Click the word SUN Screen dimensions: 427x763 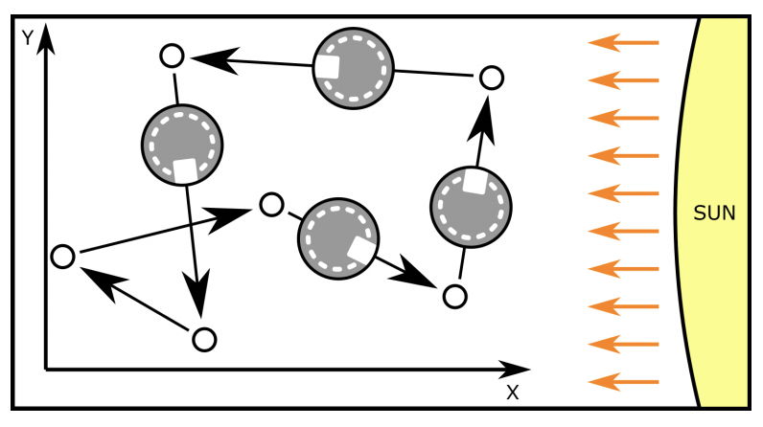(713, 213)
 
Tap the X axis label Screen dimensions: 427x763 (512, 392)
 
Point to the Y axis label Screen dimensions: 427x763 (28, 38)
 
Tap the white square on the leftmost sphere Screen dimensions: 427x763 (185, 169)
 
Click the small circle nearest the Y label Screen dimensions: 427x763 (172, 56)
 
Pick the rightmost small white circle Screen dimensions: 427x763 (490, 77)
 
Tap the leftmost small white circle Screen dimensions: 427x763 (62, 257)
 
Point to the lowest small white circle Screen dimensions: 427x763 (204, 339)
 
